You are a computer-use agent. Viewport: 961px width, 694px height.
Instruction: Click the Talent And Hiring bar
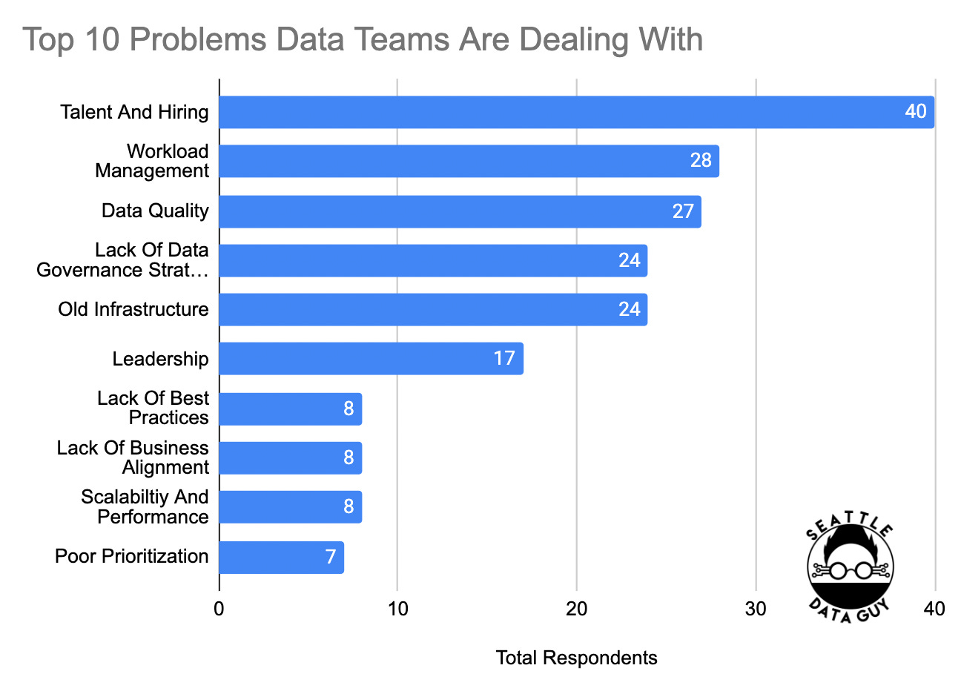(x=564, y=112)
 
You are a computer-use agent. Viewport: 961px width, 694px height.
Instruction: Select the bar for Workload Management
(x=460, y=161)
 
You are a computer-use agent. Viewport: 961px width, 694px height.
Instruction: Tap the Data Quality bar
(x=445, y=211)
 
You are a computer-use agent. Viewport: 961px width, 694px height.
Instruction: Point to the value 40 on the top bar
(x=916, y=112)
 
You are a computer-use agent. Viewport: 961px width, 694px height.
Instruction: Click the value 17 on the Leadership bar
(x=504, y=359)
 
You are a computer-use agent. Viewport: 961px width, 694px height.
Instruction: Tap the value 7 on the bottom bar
(x=331, y=557)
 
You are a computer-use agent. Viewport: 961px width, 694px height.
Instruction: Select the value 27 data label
(x=683, y=211)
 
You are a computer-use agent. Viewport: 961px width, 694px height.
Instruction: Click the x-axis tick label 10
(x=397, y=609)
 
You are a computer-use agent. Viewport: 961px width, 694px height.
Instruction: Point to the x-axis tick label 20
(x=576, y=609)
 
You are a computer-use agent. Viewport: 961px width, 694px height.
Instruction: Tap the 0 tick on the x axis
(x=219, y=609)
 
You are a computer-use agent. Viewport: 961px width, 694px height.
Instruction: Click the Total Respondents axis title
(x=576, y=658)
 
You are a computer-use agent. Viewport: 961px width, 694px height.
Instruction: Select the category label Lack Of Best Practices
(x=153, y=408)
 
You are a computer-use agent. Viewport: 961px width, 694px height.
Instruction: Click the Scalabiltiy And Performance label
(x=145, y=506)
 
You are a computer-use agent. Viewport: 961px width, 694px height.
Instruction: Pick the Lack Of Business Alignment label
(x=133, y=457)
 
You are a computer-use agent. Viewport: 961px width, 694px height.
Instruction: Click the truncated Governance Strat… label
(x=122, y=270)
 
